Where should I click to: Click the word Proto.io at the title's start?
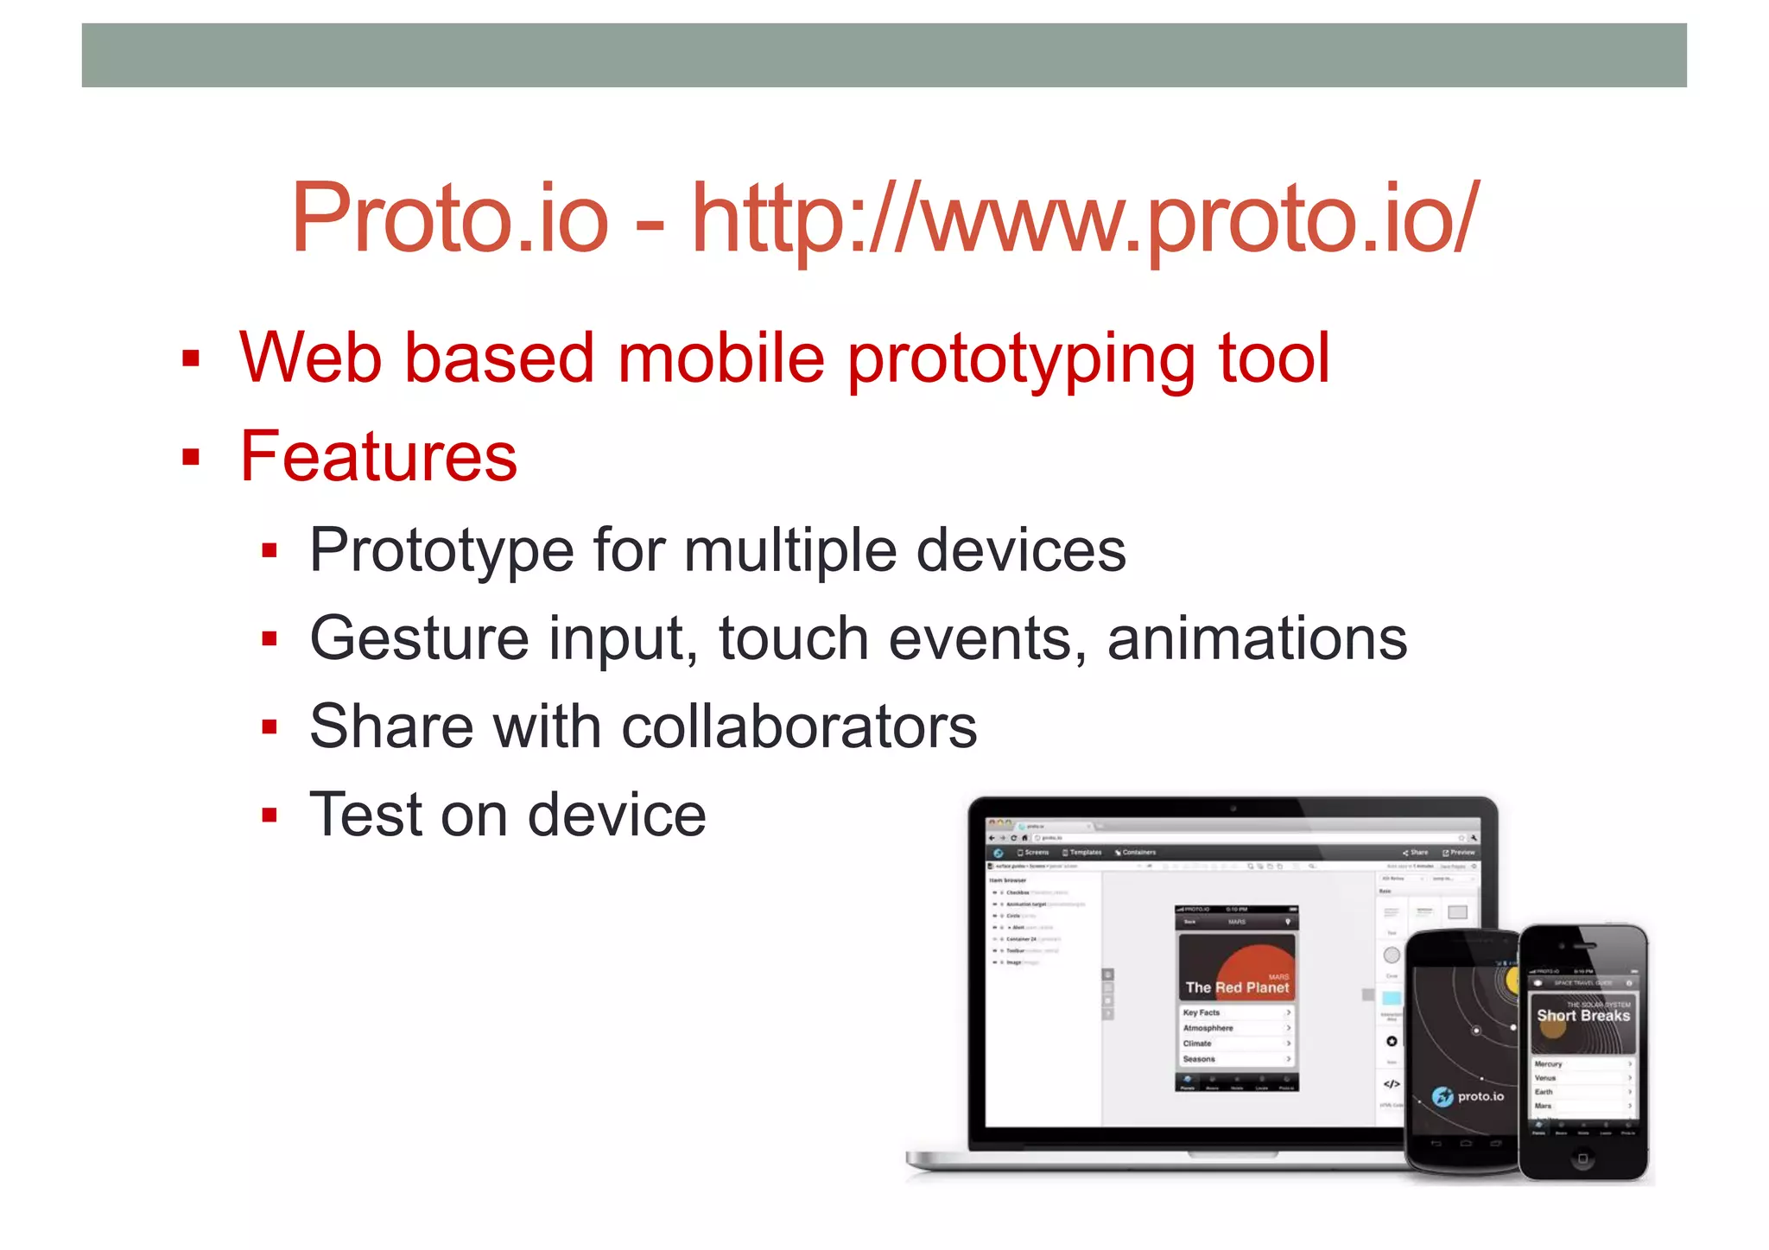click(450, 219)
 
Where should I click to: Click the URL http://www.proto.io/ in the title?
click(1086, 219)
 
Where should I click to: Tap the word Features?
click(378, 456)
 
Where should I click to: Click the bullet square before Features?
click(191, 457)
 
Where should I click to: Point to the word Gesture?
click(418, 639)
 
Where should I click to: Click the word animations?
click(1257, 639)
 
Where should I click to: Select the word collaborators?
click(799, 727)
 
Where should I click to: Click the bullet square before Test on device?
click(269, 815)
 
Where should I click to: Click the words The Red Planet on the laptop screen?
click(1237, 987)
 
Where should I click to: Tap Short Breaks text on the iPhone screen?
click(1582, 1016)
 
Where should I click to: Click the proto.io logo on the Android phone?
click(1468, 1096)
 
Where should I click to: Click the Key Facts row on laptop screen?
click(1236, 1012)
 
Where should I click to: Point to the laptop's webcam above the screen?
click(1233, 809)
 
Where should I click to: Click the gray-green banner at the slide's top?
click(884, 55)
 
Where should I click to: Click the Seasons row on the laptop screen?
click(1236, 1059)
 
